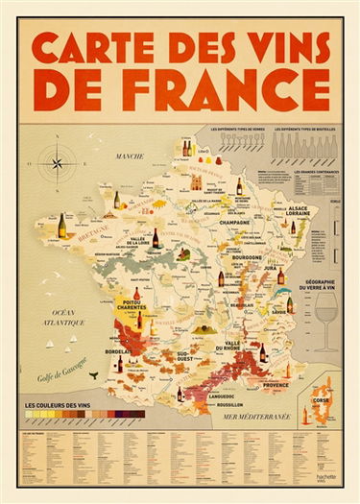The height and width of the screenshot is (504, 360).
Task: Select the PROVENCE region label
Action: click(275, 384)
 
